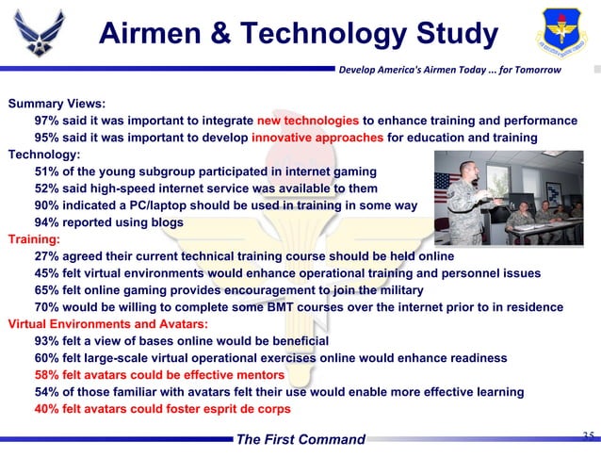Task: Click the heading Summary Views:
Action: click(x=57, y=104)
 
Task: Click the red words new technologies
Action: click(x=307, y=121)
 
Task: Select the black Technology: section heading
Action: click(x=44, y=155)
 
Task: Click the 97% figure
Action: click(x=48, y=121)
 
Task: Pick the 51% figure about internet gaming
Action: click(x=48, y=172)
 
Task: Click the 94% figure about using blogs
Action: click(x=48, y=222)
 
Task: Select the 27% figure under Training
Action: click(x=48, y=256)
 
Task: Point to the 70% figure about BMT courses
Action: click(x=48, y=307)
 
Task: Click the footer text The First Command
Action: click(x=300, y=439)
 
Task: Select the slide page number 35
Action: click(x=588, y=435)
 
